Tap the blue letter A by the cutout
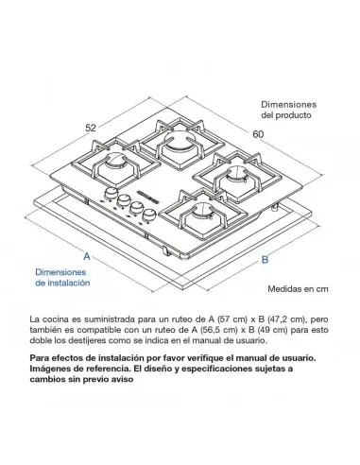[x=87, y=256]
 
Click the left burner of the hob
[x=119, y=174]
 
